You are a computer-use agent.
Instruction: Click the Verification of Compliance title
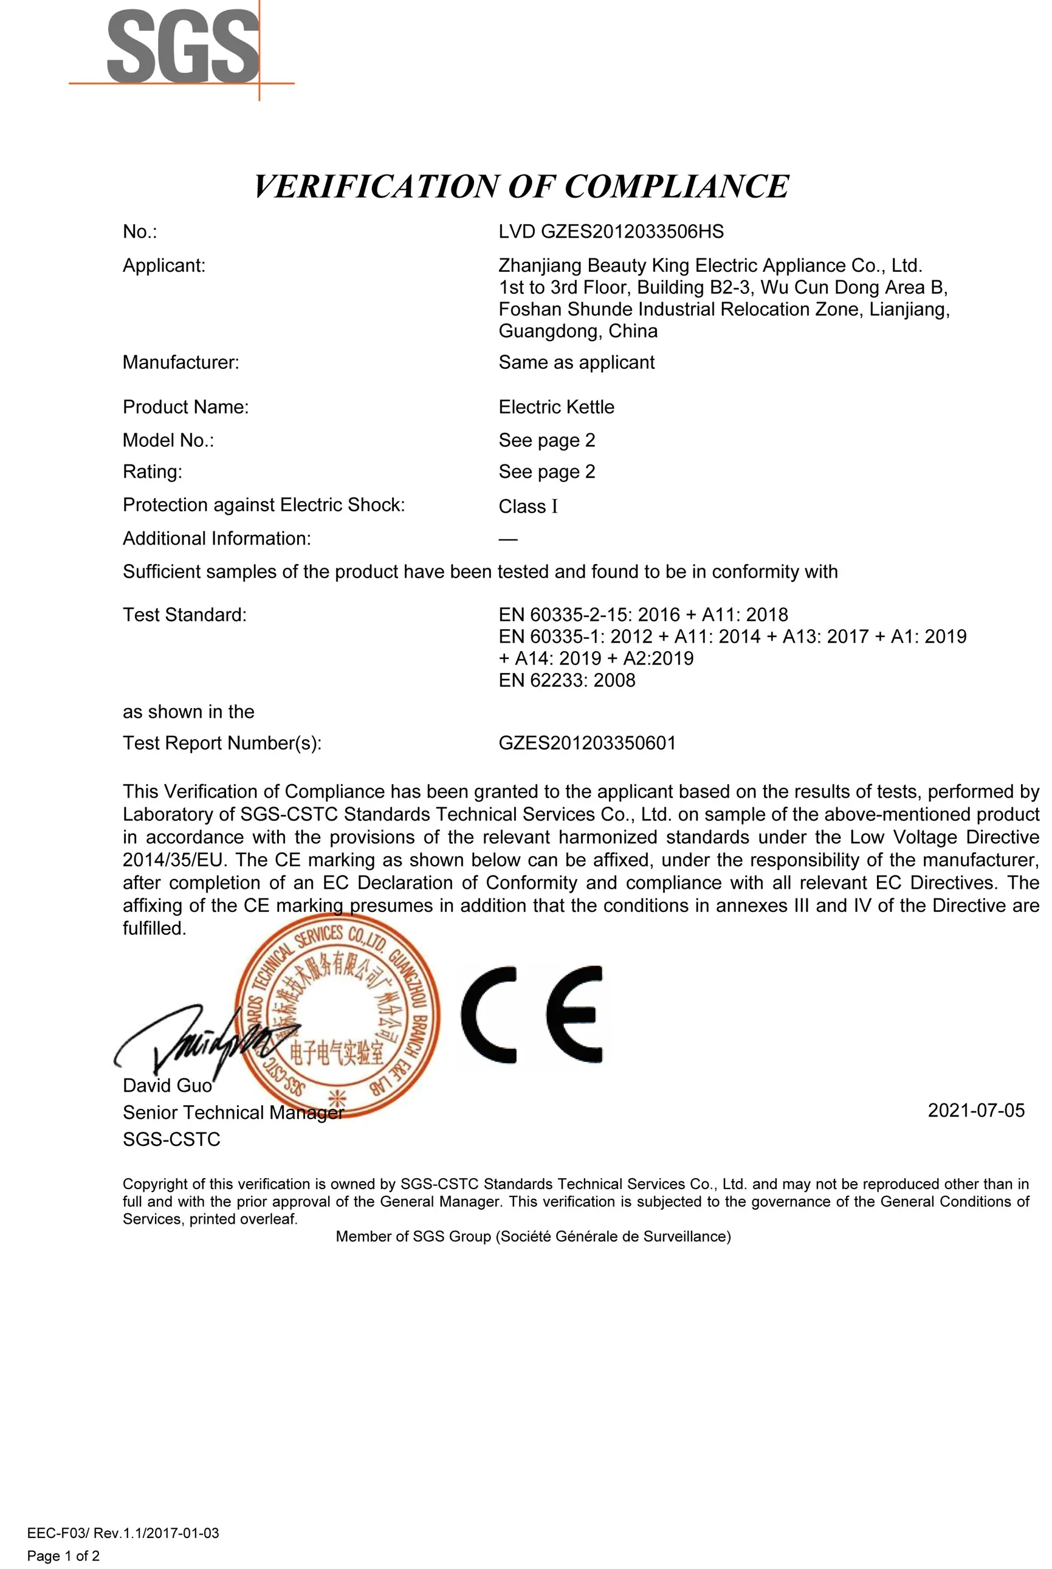click(521, 187)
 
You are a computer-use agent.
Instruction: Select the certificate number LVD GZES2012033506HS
click(611, 232)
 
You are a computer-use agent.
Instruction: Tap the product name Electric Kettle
click(555, 407)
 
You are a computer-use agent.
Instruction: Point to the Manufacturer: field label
click(180, 362)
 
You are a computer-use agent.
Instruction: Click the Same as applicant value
click(576, 362)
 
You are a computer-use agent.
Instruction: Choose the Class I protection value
click(528, 506)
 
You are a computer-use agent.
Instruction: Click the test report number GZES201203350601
click(586, 743)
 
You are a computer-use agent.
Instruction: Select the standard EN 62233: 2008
click(566, 680)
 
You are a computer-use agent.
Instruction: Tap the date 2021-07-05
click(975, 1110)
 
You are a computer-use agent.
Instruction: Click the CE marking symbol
click(531, 1015)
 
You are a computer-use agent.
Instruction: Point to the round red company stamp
click(337, 1016)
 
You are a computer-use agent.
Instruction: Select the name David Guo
click(167, 1085)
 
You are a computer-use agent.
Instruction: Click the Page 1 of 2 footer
click(63, 1556)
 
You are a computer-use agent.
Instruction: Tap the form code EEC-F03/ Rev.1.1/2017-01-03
click(123, 1533)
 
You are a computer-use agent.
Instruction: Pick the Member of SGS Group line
click(533, 1236)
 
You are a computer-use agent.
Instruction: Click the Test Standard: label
click(185, 615)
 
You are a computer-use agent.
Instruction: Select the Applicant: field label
click(163, 266)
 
